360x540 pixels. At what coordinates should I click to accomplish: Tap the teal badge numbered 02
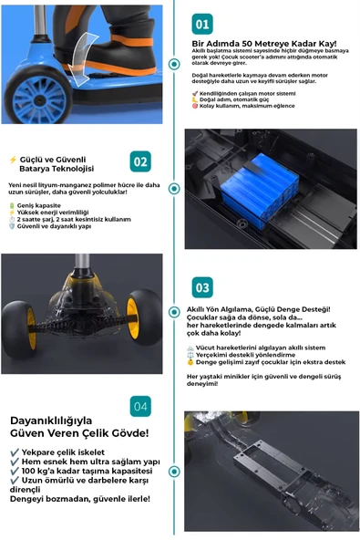click(x=140, y=161)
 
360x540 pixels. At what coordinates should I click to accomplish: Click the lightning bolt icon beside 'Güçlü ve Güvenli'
click(x=12, y=158)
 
